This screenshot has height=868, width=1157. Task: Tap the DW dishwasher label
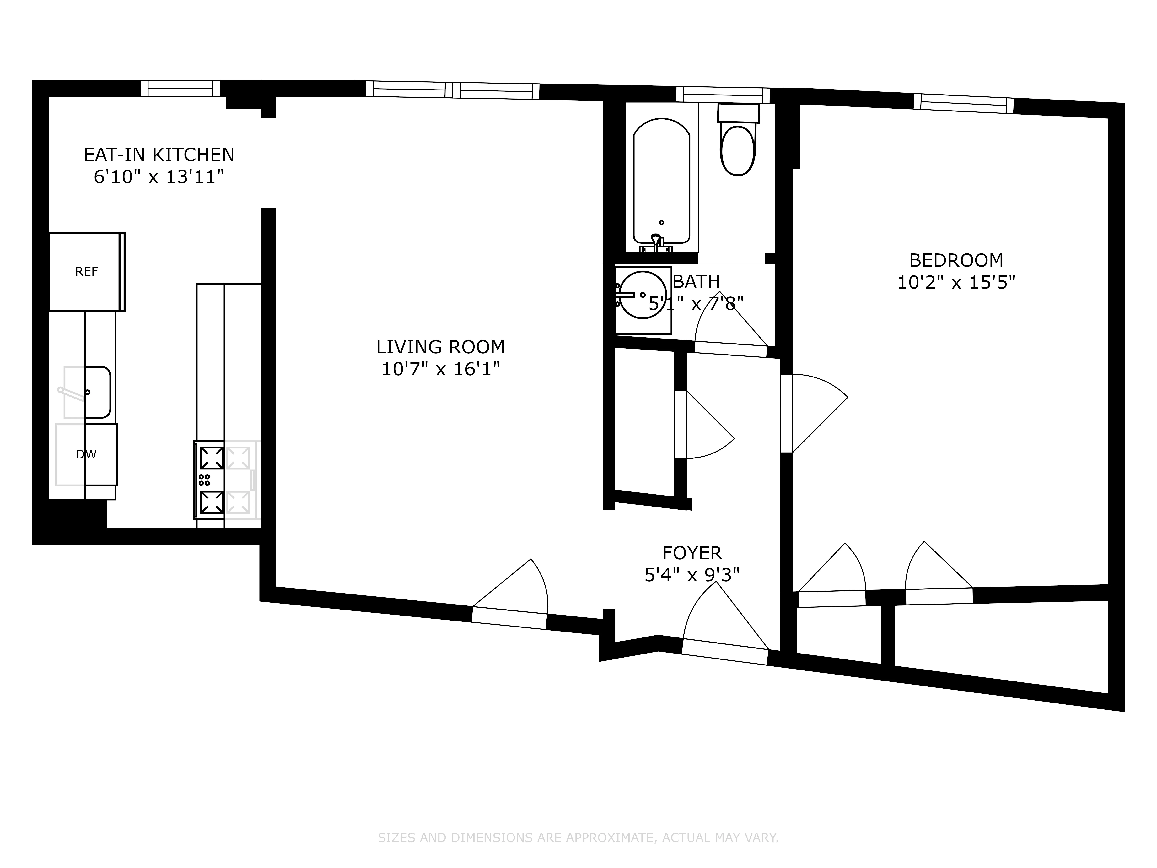[86, 454]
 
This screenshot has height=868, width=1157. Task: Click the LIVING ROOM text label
[440, 347]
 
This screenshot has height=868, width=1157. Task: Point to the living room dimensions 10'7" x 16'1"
[440, 369]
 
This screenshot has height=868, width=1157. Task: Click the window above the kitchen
[180, 88]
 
